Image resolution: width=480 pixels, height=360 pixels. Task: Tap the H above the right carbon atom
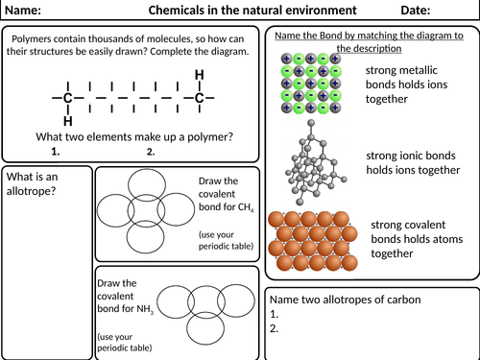pyautogui.click(x=200, y=75)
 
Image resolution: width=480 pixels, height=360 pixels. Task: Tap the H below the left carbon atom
pyautogui.click(x=66, y=122)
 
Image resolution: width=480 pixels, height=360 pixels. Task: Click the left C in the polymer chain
pyautogui.click(x=66, y=98)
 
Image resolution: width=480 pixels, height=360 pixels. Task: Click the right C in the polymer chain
pyautogui.click(x=200, y=98)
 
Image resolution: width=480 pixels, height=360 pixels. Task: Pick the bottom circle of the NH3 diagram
pyautogui.click(x=205, y=325)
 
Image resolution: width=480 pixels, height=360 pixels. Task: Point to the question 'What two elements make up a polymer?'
pyautogui.click(x=133, y=136)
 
